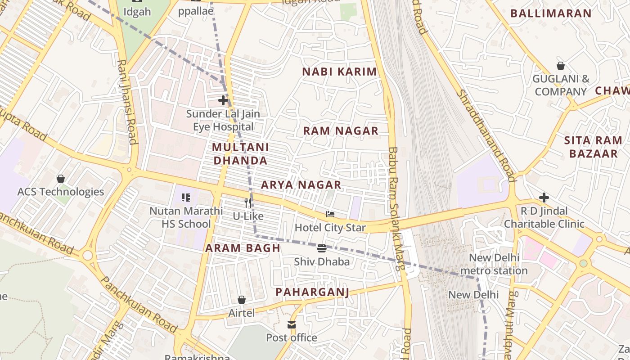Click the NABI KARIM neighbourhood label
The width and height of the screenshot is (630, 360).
[x=339, y=72]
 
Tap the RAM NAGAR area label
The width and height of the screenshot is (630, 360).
[x=341, y=131]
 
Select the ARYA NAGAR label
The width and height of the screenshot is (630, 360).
[x=301, y=185]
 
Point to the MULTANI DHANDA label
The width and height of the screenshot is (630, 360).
[x=240, y=154]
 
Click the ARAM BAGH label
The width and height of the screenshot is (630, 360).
[x=243, y=248]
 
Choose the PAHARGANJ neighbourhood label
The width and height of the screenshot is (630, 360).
[x=312, y=292]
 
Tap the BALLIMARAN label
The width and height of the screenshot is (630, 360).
[x=551, y=13]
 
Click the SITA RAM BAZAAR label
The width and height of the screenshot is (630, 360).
[x=593, y=147]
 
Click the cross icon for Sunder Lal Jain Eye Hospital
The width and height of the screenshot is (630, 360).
[x=223, y=100]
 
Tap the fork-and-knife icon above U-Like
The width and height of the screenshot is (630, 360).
[x=248, y=202]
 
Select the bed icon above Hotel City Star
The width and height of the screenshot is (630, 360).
[x=330, y=214]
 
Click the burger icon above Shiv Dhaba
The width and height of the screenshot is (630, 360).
[x=322, y=248]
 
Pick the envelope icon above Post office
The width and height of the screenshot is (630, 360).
[x=292, y=324]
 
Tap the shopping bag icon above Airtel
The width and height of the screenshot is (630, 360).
[x=242, y=300]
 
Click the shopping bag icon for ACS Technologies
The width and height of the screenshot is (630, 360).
[x=60, y=179]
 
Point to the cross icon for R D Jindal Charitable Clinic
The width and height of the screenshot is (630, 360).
[x=544, y=197]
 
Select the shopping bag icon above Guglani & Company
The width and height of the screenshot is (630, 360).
[x=561, y=66]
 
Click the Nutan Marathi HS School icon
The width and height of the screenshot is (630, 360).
[x=186, y=198]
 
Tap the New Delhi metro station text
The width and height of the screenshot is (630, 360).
[x=494, y=264]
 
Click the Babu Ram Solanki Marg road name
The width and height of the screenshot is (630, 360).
[x=395, y=208]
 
